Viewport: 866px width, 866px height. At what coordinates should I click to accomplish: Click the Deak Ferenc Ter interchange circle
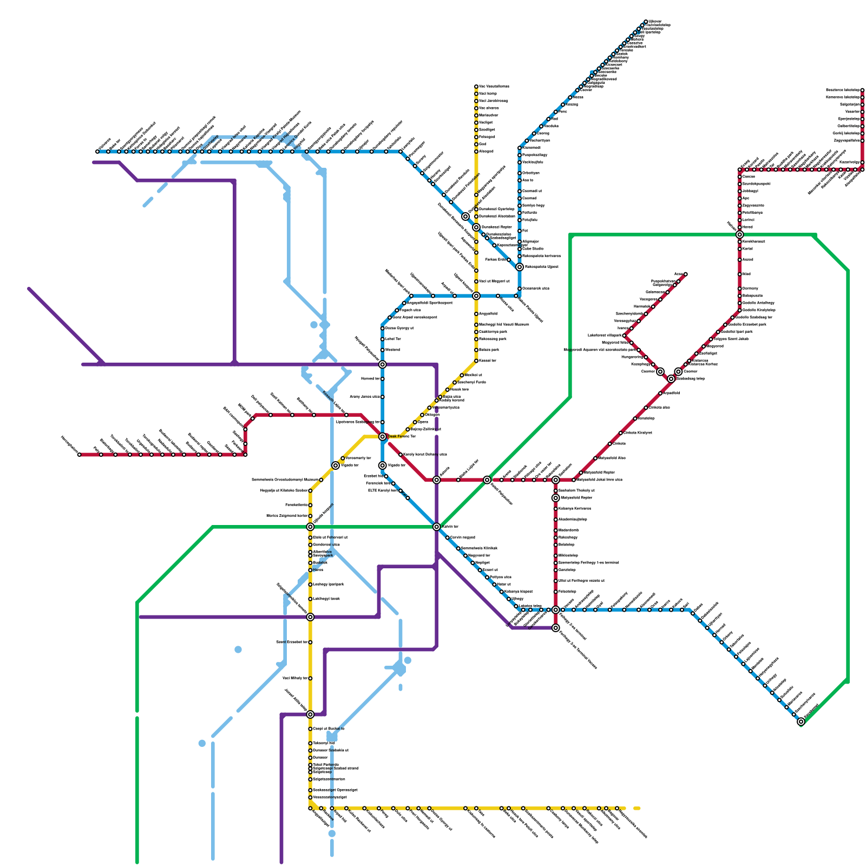(x=383, y=436)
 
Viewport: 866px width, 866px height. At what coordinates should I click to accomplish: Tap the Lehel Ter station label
(x=393, y=339)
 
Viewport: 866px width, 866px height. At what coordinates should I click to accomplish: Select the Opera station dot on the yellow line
(x=415, y=422)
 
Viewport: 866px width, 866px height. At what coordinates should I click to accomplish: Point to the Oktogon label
(x=432, y=415)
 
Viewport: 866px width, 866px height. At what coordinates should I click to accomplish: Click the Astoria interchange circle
(x=437, y=480)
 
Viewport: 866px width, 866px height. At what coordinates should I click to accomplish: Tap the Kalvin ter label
(x=450, y=526)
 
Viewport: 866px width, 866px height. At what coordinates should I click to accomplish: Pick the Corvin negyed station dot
(x=448, y=537)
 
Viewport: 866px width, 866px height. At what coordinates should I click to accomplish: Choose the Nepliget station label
(x=482, y=563)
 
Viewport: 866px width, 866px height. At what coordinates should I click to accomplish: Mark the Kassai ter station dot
(x=476, y=360)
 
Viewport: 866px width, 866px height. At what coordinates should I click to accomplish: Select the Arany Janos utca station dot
(x=383, y=397)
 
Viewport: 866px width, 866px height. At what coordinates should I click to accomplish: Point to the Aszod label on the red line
(x=747, y=259)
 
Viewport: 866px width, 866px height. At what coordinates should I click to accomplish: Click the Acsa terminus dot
(x=686, y=274)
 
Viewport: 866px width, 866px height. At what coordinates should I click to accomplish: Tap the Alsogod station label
(x=486, y=152)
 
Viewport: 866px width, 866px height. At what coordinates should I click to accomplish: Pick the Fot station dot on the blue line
(x=520, y=231)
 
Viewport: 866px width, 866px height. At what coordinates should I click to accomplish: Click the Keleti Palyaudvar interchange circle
(x=487, y=480)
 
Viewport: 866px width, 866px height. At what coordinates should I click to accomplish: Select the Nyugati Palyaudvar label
(x=366, y=348)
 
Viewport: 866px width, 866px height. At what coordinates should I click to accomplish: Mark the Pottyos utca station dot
(x=487, y=578)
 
